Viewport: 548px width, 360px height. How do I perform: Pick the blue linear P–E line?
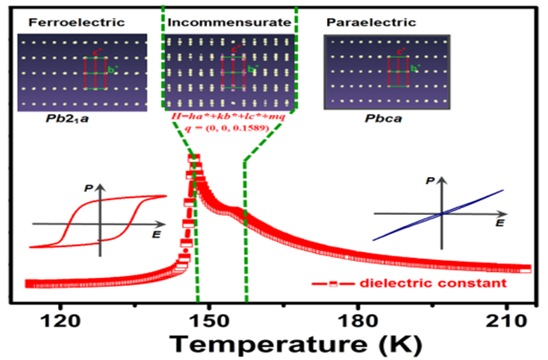pyautogui.click(x=438, y=215)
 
